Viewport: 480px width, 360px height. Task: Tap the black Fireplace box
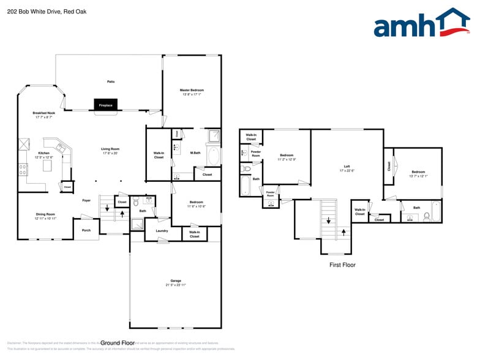tap(105, 105)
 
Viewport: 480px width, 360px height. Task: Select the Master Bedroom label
tap(192, 90)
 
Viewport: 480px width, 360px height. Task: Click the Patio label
tap(111, 81)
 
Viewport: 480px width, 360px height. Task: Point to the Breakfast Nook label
tap(43, 113)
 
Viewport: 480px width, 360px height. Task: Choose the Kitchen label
tap(43, 153)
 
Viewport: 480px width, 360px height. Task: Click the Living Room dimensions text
tap(110, 153)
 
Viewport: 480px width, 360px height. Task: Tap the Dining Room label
tap(45, 214)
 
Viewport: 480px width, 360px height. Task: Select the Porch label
tap(86, 230)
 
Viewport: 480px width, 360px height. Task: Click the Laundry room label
tap(162, 231)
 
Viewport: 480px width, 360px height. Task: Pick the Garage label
tap(175, 281)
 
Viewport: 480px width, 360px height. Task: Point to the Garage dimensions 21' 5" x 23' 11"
tap(175, 285)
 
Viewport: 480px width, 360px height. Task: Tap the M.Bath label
tap(195, 152)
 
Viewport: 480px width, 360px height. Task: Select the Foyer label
tap(86, 200)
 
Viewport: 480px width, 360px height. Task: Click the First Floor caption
tap(342, 265)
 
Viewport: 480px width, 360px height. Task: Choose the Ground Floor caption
tap(118, 343)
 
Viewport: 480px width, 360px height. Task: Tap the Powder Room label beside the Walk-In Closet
tap(256, 154)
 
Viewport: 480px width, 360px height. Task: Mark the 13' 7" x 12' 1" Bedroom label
tap(418, 176)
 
